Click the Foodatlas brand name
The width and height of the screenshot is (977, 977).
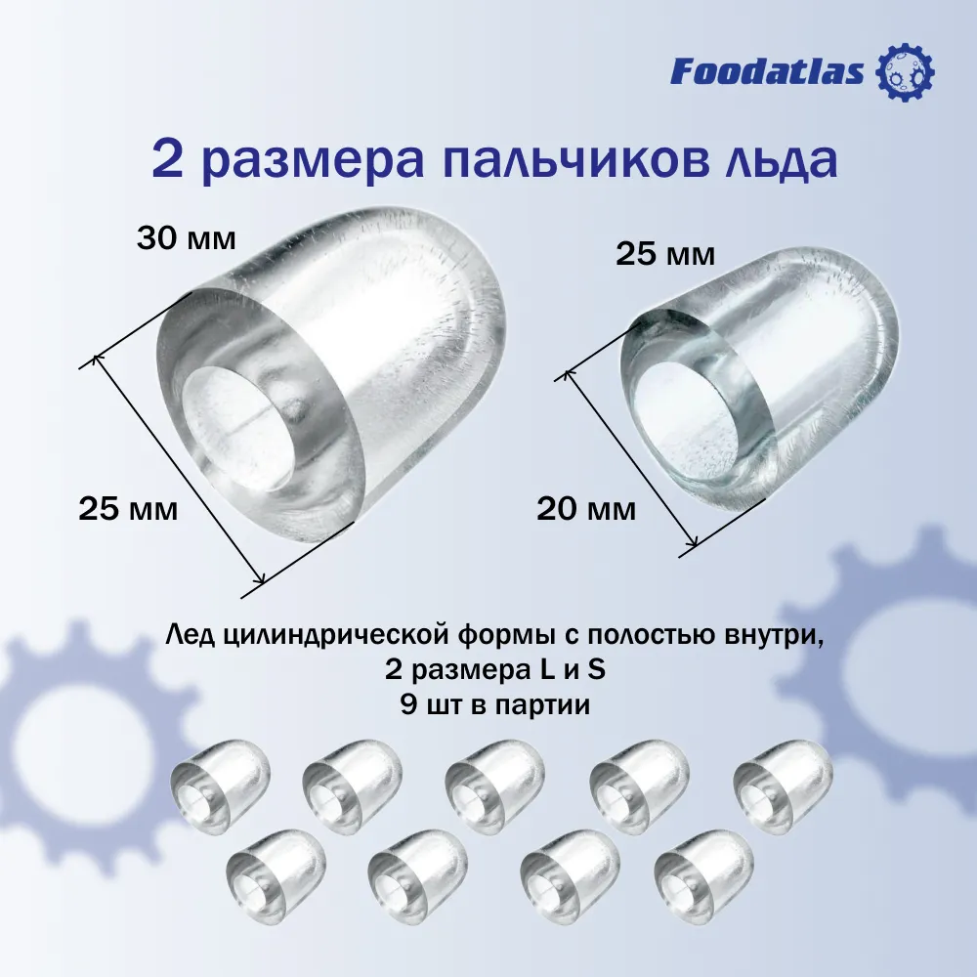pos(767,71)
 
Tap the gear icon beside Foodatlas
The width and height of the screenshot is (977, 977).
pos(906,71)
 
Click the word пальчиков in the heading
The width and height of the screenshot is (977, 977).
pos(575,161)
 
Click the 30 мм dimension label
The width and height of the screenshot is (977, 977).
pos(187,238)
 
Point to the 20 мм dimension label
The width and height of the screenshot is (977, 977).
pos(586,509)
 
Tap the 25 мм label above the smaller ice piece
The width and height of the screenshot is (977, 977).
pos(665,254)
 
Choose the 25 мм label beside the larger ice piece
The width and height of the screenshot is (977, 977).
pos(128,509)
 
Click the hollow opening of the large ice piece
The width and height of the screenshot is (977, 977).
pos(241,429)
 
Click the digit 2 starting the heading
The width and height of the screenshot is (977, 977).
pos(168,161)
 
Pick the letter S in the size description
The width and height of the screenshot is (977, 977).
pos(597,670)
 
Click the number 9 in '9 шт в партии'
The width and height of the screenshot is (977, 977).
pos(408,704)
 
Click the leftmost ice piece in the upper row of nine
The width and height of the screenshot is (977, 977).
pos(221,786)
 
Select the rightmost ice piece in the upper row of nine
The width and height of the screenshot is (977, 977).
pos(784,786)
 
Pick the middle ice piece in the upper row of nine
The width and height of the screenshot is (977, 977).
pos(494,786)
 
